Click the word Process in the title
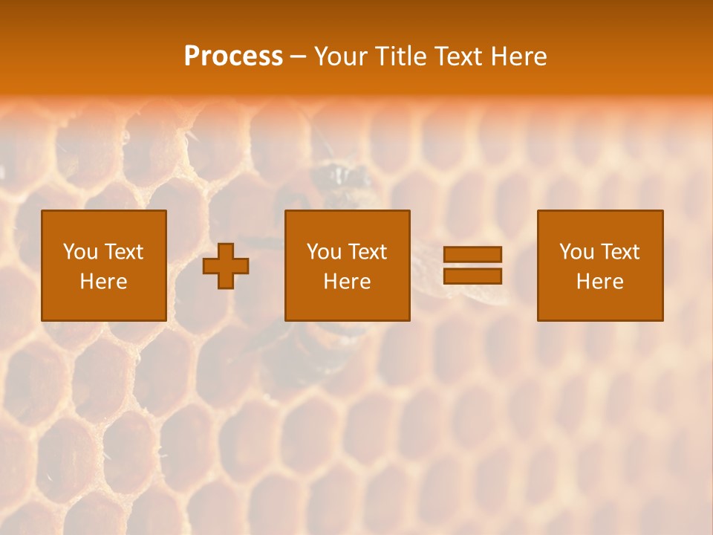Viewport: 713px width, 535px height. point(233,56)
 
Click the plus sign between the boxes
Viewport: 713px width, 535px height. point(226,266)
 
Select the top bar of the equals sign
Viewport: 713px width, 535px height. point(472,254)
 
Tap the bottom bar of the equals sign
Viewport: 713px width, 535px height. point(472,276)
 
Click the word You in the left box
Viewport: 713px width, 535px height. point(79,252)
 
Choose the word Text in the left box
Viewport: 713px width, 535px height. point(123,252)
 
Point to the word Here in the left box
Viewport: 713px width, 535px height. point(103,282)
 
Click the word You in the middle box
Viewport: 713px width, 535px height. point(323,252)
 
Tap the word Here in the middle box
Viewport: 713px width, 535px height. point(347,282)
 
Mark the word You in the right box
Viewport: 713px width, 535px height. point(576,252)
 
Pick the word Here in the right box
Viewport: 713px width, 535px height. point(599,282)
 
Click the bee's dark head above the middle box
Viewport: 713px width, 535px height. point(339,177)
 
